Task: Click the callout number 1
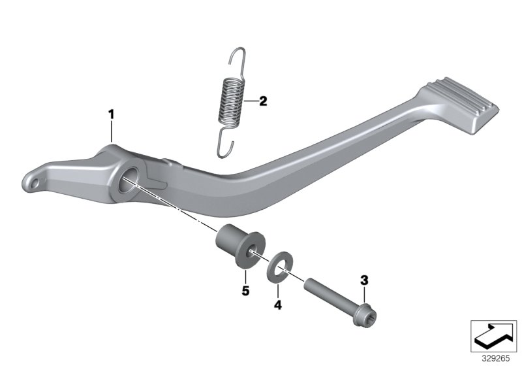111,114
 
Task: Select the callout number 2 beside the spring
263,101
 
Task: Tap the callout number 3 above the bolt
364,280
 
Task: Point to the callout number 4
277,304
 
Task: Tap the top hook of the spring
239,58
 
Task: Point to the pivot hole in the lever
128,178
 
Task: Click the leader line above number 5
246,273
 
